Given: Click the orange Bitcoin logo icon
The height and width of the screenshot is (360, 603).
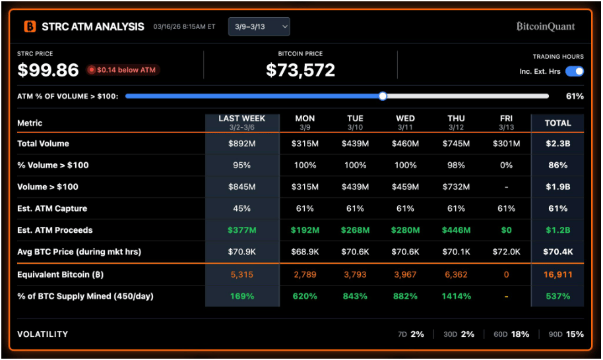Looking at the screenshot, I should (30, 26).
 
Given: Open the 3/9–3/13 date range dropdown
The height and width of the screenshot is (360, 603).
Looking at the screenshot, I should (259, 26).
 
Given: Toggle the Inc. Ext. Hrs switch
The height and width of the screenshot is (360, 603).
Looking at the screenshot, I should (574, 71).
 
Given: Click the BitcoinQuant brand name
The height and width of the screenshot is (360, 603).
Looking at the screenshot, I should (545, 26).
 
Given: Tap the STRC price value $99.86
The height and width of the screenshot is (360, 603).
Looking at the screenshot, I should (48, 70).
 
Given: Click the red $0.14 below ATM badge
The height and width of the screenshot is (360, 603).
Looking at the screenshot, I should (123, 69).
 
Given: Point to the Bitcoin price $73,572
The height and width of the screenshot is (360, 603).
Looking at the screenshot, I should (300, 70).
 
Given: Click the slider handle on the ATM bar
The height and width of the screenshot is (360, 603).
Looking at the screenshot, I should (383, 96).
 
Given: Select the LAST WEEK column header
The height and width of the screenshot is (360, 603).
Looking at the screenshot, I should (242, 122).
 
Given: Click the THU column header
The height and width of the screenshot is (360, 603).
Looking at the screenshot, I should (456, 122).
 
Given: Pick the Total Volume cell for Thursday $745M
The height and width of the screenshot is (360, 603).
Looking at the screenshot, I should (456, 144).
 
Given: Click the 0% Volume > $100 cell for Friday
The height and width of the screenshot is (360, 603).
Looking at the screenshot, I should (507, 165).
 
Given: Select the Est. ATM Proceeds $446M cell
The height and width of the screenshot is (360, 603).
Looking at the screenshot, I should (456, 230).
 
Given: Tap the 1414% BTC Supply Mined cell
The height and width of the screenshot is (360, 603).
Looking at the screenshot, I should (456, 296).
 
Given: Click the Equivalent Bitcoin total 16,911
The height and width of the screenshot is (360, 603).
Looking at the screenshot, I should (557, 274).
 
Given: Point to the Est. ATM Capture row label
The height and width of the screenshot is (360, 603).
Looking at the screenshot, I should (52, 208).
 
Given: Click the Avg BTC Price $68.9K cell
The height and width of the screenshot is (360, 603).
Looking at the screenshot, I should (305, 252).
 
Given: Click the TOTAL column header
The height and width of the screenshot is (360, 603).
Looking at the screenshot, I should (557, 123).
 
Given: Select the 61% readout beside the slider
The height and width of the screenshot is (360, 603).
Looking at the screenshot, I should (575, 96).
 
